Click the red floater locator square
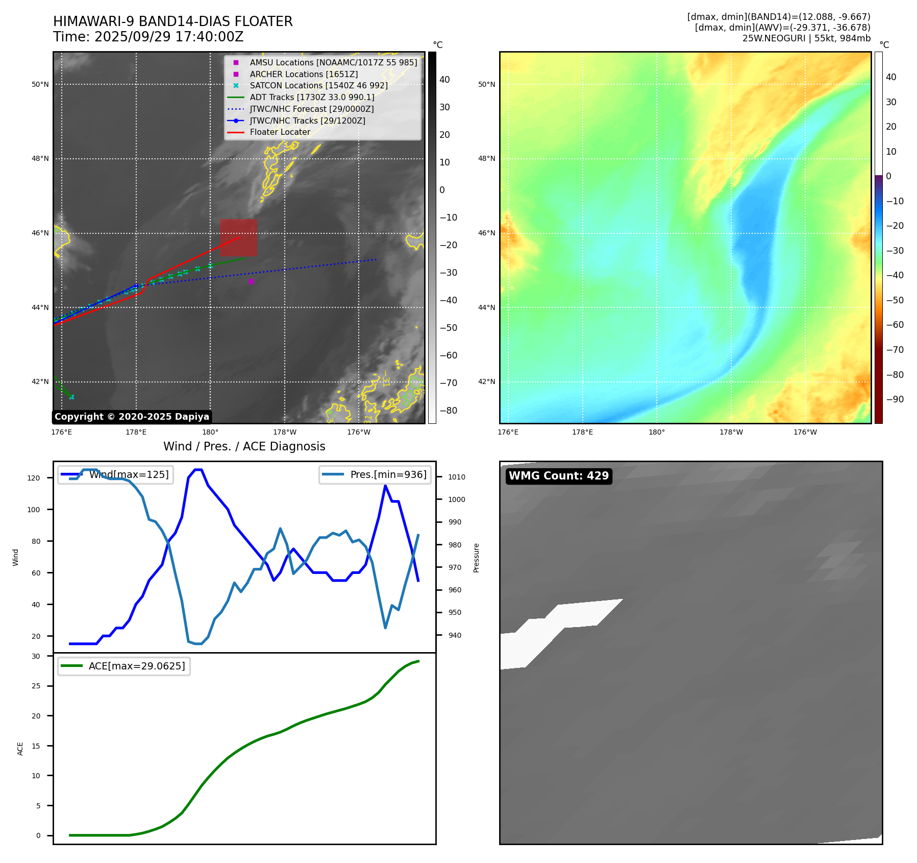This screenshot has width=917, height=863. [238, 237]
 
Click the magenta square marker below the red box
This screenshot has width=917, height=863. [251, 281]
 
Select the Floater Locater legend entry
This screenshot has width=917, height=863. [280, 132]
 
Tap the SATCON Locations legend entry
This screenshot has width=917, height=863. [318, 86]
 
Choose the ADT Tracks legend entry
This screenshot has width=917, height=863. [312, 97]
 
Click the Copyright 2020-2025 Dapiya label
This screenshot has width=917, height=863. [132, 417]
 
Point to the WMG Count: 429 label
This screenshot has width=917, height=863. [559, 476]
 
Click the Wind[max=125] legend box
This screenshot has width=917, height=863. [116, 474]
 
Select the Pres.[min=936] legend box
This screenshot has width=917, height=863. [376, 474]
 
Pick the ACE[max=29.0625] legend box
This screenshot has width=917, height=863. [124, 666]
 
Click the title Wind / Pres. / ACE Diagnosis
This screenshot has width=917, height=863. [244, 446]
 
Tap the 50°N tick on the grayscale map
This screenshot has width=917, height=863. [40, 84]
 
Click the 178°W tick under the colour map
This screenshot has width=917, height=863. [731, 432]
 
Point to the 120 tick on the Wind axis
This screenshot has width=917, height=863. [34, 478]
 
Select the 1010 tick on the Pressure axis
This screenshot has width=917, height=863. [457, 477]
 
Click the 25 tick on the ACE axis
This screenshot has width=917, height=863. [36, 686]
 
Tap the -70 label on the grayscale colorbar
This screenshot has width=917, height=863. [449, 383]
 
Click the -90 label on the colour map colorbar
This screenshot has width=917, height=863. [895, 399]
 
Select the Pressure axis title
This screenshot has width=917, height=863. [476, 558]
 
